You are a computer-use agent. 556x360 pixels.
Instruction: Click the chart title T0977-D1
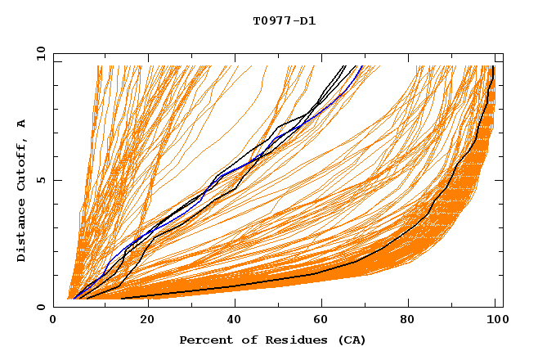pos(284,20)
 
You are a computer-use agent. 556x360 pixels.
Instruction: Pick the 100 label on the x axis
pos(496,320)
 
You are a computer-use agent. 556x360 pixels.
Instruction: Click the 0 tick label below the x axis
pos(54,320)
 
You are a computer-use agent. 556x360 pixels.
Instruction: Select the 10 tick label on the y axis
pos(39,53)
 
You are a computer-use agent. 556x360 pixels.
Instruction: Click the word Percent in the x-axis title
pos(202,340)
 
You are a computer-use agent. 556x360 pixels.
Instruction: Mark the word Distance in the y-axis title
pos(22,232)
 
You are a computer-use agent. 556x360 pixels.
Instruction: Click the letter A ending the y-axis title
pos(22,123)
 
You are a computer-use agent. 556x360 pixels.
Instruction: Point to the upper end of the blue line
pos(362,66)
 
